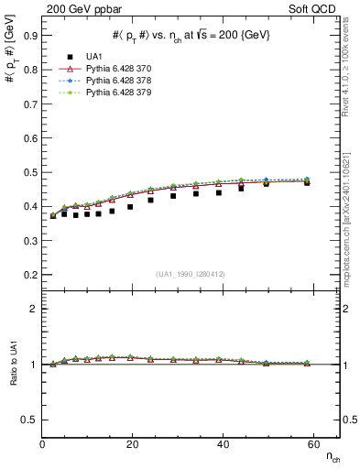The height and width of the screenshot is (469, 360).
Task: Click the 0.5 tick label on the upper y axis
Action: pyautogui.click(x=31, y=172)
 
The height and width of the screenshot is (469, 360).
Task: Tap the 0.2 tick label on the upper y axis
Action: pyautogui.click(x=31, y=274)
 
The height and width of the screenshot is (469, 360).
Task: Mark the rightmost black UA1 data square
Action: pyautogui.click(x=307, y=182)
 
